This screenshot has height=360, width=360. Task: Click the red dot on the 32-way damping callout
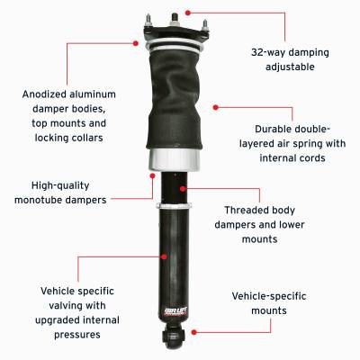click(187, 13)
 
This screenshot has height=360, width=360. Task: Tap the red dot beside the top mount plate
click(140, 40)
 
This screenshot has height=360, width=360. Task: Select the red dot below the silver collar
click(152, 176)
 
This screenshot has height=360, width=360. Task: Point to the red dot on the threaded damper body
click(183, 188)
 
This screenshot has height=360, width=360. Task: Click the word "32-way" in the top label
click(249, 51)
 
